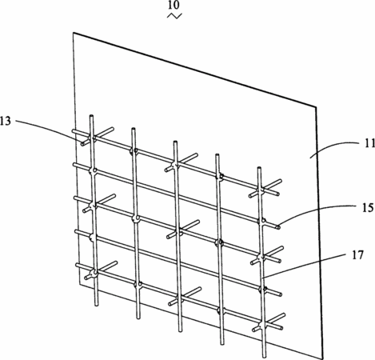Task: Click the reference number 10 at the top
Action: click(174, 5)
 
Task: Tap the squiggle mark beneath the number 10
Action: click(174, 16)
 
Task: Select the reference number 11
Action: click(369, 143)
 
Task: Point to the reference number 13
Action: click(6, 121)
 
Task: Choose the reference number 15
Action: click(368, 207)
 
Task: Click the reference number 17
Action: click(357, 255)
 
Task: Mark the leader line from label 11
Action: click(335, 147)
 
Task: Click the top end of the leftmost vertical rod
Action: click(91, 116)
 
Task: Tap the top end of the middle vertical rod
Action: click(175, 142)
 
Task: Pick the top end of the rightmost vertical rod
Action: click(259, 169)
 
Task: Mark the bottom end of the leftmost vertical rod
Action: click(97, 304)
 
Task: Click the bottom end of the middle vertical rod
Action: click(181, 330)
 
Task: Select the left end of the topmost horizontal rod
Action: click(73, 131)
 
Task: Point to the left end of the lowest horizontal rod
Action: click(77, 265)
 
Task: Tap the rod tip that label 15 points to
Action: click(278, 227)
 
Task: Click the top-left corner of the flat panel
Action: click(74, 33)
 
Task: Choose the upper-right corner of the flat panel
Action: click(317, 107)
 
